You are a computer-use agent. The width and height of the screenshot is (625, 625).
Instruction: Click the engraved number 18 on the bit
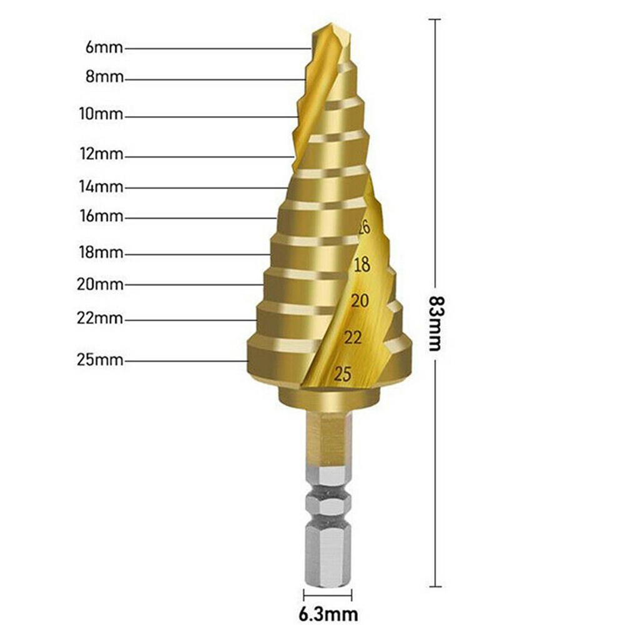362,265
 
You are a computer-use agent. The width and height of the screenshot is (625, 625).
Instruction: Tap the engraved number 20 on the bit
360,301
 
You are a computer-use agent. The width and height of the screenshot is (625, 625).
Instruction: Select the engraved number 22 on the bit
353,338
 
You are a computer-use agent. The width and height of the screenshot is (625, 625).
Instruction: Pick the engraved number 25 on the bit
343,374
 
